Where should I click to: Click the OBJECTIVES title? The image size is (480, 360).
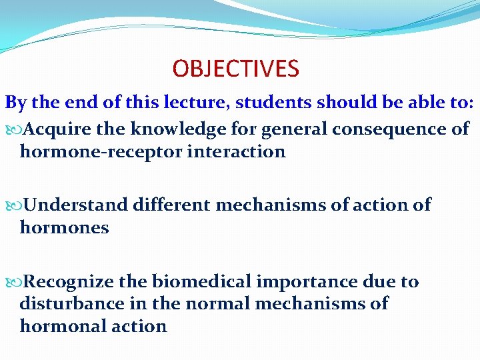tap(235, 68)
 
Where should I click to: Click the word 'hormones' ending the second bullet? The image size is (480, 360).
tap(64, 227)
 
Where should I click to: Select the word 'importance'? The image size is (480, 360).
tap(309, 281)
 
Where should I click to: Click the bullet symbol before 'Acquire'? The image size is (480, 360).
tap(15, 129)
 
